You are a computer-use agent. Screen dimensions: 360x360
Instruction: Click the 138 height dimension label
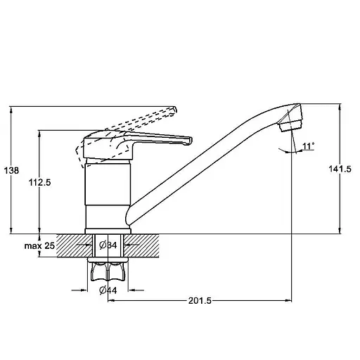click(11, 170)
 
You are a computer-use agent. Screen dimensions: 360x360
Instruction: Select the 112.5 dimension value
click(39, 182)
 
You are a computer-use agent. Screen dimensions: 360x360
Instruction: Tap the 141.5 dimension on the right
click(340, 169)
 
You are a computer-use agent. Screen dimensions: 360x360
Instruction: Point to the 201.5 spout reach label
click(200, 300)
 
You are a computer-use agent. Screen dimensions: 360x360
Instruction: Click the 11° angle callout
click(308, 146)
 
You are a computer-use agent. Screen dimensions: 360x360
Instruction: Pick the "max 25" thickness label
click(39, 245)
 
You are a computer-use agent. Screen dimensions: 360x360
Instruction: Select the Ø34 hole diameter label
click(108, 245)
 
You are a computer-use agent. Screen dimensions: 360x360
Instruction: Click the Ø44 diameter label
click(108, 290)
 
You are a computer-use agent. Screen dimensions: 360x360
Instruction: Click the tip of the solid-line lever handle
click(190, 141)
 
